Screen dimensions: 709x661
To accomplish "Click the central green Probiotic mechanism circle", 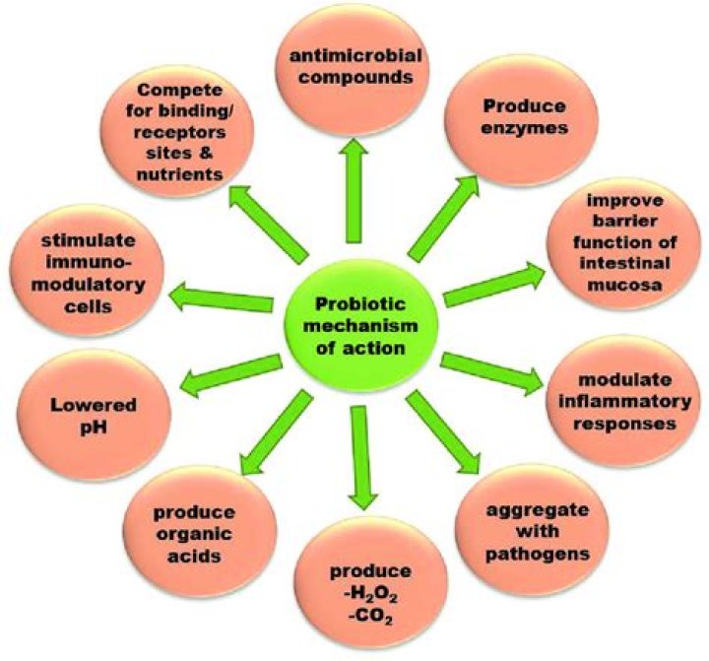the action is click(360, 325).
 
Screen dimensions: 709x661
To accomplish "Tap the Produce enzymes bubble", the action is click(523, 119).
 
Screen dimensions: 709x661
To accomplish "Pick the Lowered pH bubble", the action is click(94, 416).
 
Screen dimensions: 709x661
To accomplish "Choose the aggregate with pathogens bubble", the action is click(532, 530).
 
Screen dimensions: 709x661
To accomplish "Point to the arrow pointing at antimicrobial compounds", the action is click(354, 190).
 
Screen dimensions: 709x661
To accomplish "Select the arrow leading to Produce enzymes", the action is click(443, 218).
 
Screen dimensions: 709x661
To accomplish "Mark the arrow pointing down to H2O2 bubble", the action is click(361, 458).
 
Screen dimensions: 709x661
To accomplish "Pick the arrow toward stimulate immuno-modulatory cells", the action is click(221, 297).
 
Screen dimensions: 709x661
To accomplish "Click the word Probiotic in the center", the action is click(360, 303).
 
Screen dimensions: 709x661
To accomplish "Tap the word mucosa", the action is click(625, 285).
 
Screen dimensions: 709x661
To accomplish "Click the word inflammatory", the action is click(625, 402).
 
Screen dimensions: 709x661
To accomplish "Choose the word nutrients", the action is click(180, 174).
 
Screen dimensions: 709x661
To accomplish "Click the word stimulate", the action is click(89, 239).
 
